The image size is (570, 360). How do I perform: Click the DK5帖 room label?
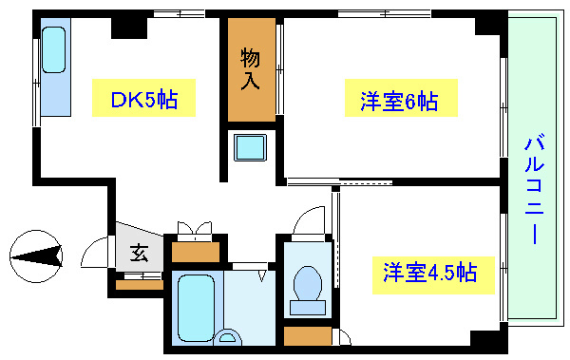[143, 99]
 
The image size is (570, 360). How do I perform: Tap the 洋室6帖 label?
[398, 100]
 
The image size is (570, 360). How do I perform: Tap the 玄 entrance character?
[139, 254]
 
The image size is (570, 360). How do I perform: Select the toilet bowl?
[307, 282]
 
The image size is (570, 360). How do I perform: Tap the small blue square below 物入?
[250, 149]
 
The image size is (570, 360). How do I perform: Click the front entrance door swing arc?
[95, 253]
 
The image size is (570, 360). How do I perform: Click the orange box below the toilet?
[307, 335]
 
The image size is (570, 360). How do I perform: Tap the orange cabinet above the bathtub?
[196, 252]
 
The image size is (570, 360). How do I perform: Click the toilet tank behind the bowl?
[308, 307]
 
